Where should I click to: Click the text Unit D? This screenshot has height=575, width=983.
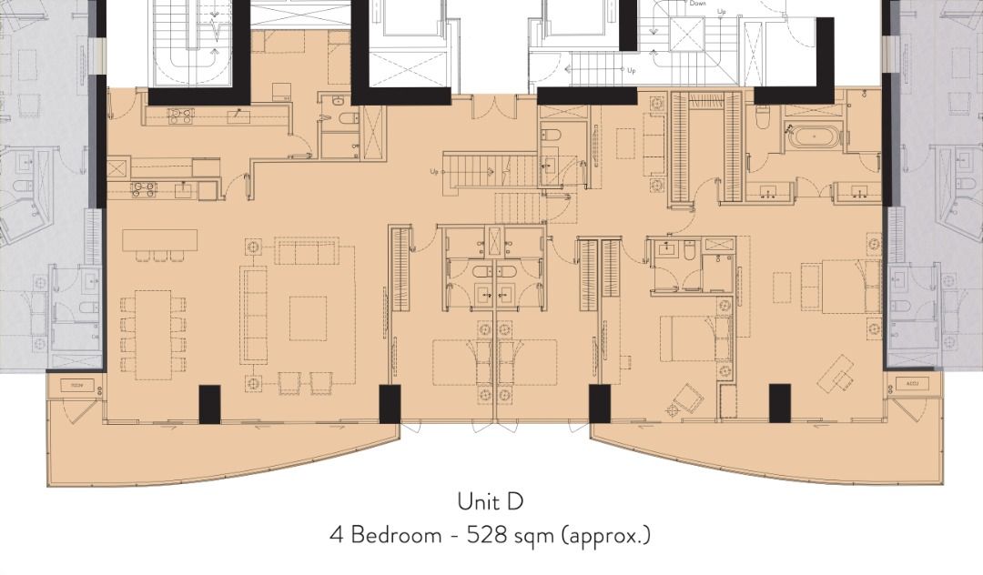coord(491,501)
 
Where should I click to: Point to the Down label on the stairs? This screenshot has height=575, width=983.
coord(698,4)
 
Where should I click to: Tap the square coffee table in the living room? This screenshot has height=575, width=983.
coord(308,318)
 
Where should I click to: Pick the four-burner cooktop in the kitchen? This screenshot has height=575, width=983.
coord(144,189)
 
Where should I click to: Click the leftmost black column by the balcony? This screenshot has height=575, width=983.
coord(209,403)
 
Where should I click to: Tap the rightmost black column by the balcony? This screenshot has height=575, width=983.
coord(779,403)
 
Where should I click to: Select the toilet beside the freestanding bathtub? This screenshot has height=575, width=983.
coord(764,116)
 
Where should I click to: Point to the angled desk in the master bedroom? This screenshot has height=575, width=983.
coord(836,373)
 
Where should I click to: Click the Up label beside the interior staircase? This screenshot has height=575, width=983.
coord(435,171)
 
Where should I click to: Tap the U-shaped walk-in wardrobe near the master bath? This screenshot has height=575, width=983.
coord(706,146)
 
